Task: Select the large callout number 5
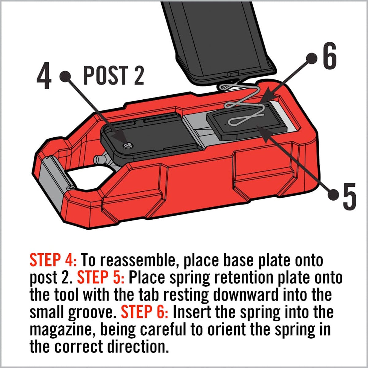[x=349, y=197]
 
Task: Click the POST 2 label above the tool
[x=113, y=76]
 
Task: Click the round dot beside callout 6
[x=312, y=58]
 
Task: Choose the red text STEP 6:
[x=144, y=312]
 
